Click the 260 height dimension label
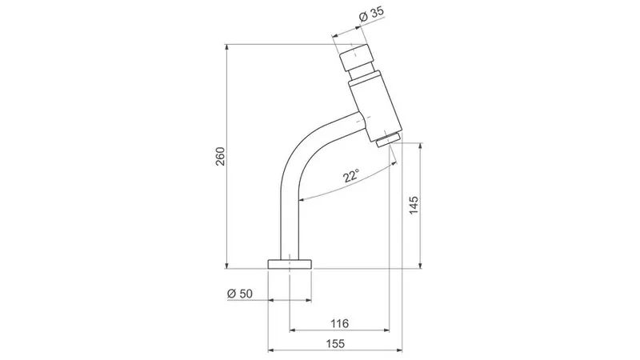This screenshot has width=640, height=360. [x=220, y=156]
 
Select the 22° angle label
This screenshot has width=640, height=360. [x=351, y=176]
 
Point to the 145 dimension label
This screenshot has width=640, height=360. [x=414, y=206]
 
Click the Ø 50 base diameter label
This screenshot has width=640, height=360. [x=240, y=294]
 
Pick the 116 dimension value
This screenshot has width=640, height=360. [x=339, y=324]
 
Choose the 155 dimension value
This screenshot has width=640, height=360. [x=335, y=344]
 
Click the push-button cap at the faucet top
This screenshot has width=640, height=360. [x=356, y=58]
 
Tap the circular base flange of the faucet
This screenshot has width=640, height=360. [x=290, y=264]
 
